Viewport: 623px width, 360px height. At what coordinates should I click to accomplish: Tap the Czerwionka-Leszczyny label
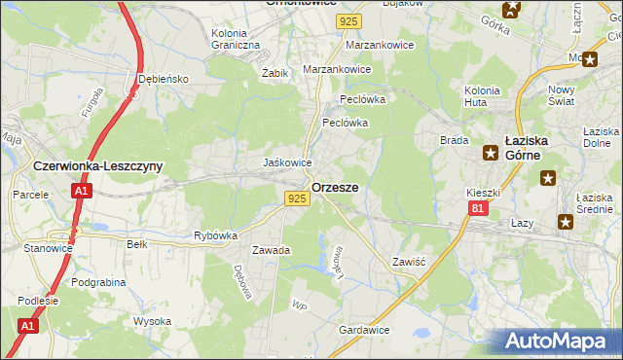tap(97, 166)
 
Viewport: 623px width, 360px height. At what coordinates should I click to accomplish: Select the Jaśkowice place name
tap(288, 162)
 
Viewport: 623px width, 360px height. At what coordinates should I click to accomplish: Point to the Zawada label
tap(272, 250)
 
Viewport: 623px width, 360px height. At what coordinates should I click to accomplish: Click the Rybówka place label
tap(216, 235)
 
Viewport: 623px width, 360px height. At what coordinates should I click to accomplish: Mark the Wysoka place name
tap(153, 321)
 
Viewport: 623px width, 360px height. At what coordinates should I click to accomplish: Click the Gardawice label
tap(364, 331)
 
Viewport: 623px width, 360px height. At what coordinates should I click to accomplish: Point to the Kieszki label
tap(483, 194)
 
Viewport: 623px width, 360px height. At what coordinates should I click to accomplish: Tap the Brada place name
tap(455, 140)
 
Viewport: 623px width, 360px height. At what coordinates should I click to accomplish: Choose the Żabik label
tap(275, 73)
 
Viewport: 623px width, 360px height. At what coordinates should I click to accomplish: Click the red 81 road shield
tap(476, 208)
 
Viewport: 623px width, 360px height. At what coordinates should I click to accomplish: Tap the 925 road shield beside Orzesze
tap(298, 198)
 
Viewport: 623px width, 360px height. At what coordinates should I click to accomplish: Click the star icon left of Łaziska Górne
tap(491, 152)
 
